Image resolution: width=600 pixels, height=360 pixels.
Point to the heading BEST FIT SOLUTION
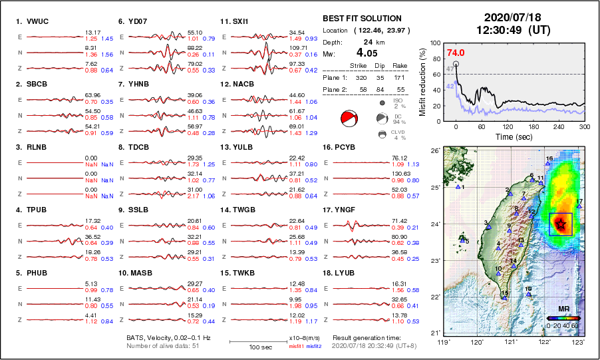[x=362, y=19]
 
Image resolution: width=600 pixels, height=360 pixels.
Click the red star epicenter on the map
[x=561, y=224]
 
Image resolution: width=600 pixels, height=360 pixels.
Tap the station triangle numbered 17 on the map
[x=579, y=206]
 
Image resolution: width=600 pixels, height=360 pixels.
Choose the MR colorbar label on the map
[x=562, y=309]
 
